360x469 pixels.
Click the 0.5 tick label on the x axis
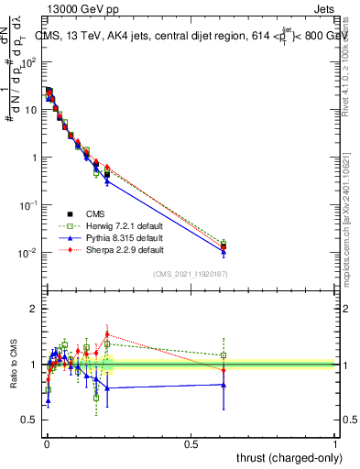190,443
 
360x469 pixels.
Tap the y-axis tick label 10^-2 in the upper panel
27,253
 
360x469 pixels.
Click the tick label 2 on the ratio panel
34,309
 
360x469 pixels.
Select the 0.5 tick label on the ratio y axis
29,420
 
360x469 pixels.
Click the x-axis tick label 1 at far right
334,443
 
